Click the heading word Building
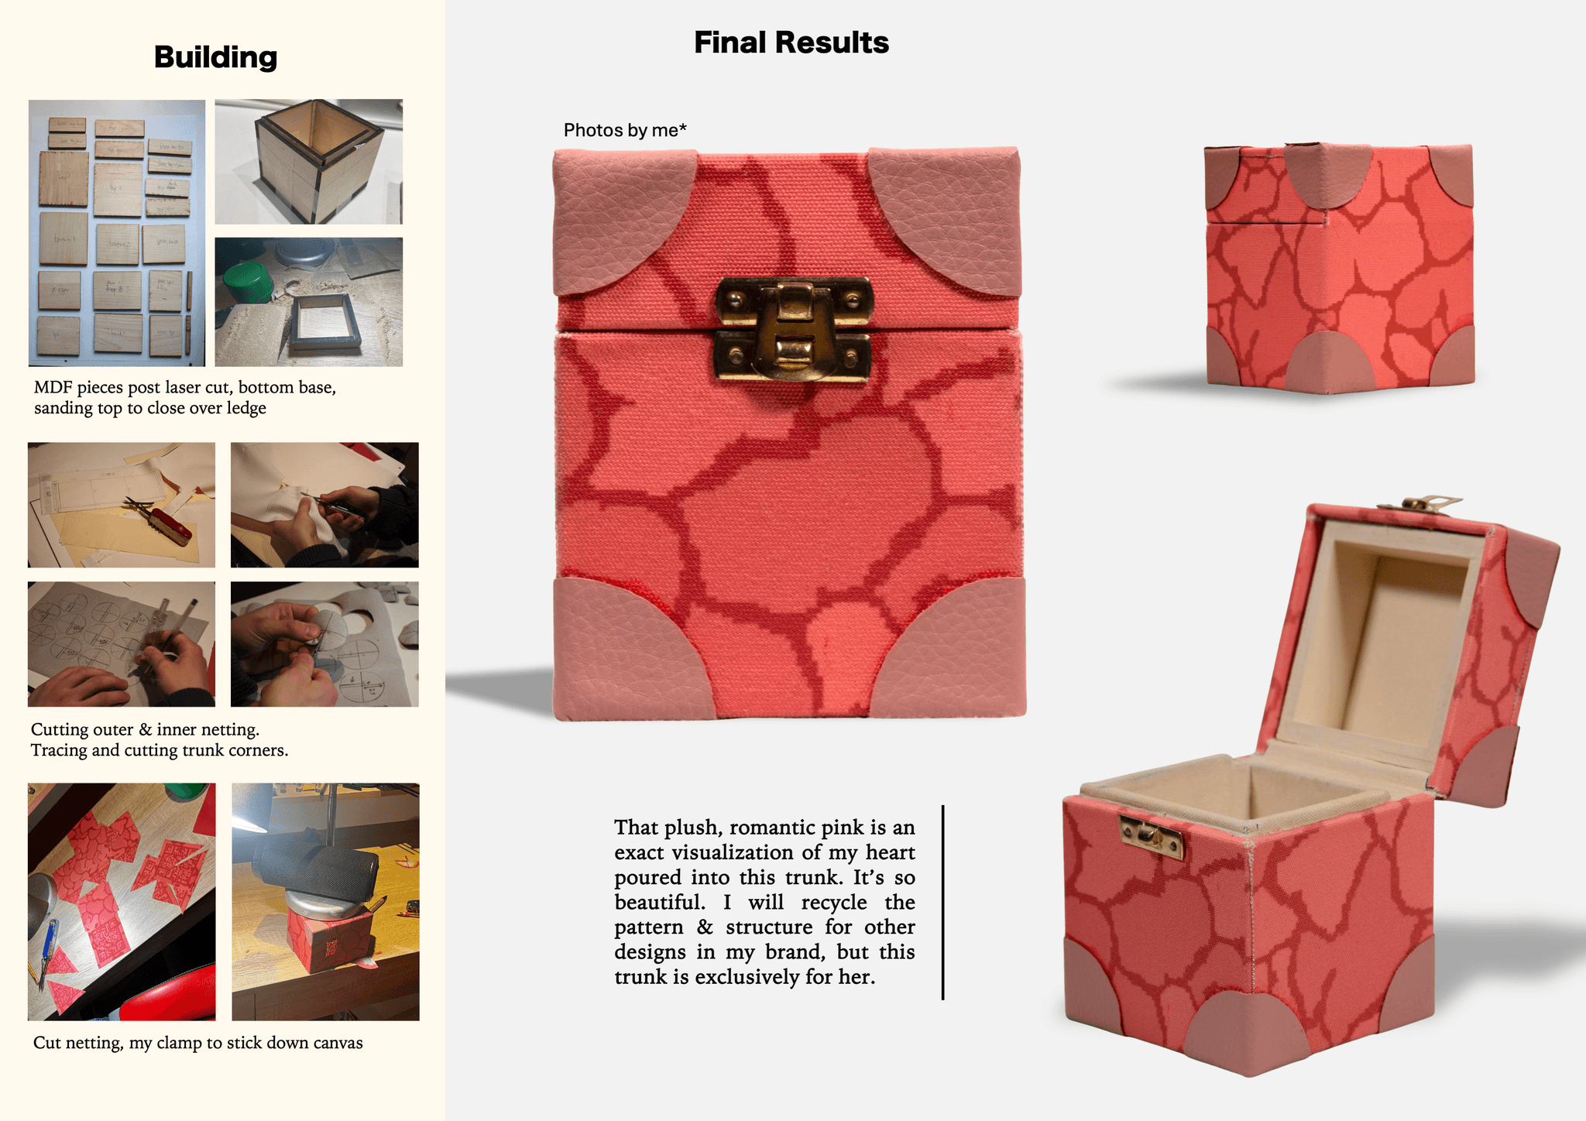coord(215,57)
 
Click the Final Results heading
coord(791,43)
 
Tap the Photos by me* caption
coord(625,130)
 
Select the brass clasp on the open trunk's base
coord(1152,836)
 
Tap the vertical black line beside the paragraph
coord(942,903)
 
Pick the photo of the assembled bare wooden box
coord(308,162)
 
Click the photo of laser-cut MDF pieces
coord(117,233)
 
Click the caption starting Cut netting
coord(197,1043)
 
